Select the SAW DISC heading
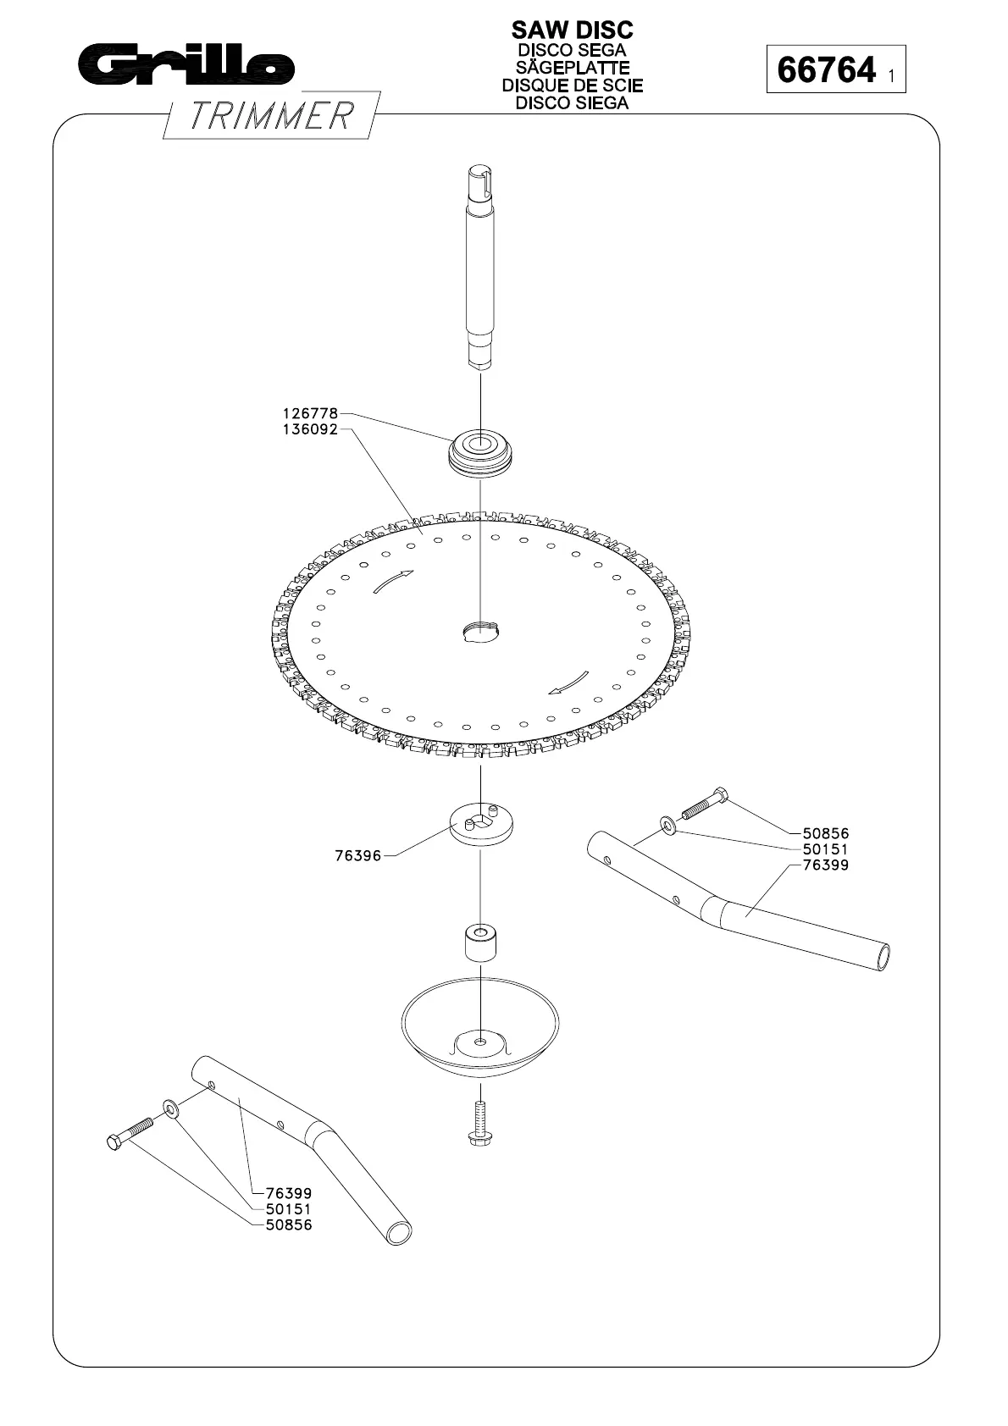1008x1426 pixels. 572,30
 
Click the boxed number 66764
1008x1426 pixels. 826,69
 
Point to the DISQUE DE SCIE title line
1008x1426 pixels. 572,86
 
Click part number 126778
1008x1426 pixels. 310,414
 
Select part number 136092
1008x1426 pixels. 310,429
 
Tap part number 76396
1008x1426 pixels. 358,856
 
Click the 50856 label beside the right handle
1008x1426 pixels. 825,833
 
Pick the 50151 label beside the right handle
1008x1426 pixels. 825,848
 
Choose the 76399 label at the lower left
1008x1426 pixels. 288,1194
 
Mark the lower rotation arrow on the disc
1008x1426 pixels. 568,683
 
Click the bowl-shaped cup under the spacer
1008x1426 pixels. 480,1025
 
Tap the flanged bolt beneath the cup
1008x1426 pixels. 480,1123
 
